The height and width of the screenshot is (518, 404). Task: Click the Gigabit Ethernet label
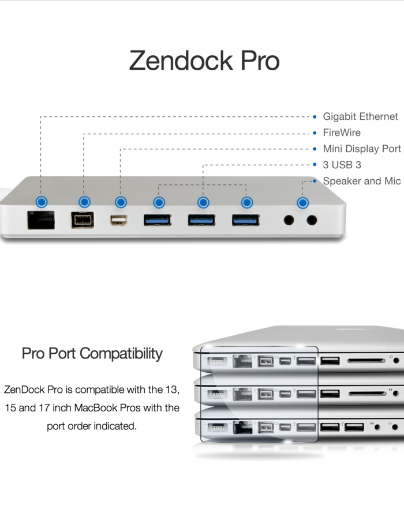[360, 116]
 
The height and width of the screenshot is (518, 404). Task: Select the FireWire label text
[342, 133]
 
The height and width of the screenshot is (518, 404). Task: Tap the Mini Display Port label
[362, 149]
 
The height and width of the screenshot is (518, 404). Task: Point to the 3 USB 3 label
[342, 165]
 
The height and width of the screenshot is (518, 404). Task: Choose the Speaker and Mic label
[361, 181]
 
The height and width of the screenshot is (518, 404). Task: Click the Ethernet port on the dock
[41, 220]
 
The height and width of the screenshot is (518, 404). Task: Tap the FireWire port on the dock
[83, 220]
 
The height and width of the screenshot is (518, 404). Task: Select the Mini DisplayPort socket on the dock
[119, 220]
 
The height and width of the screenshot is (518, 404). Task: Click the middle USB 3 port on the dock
[201, 220]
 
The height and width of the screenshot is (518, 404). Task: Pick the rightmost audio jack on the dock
[312, 220]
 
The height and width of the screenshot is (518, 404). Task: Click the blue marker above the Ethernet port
[41, 202]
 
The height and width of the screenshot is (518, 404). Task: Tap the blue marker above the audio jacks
[302, 202]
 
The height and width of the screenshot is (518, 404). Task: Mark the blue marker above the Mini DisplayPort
[120, 202]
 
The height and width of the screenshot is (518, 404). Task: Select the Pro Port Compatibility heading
[92, 353]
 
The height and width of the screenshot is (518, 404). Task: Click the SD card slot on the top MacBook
[365, 361]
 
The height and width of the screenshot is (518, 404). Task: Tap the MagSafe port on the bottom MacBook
[216, 428]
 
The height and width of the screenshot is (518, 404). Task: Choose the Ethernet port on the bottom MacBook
[241, 428]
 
